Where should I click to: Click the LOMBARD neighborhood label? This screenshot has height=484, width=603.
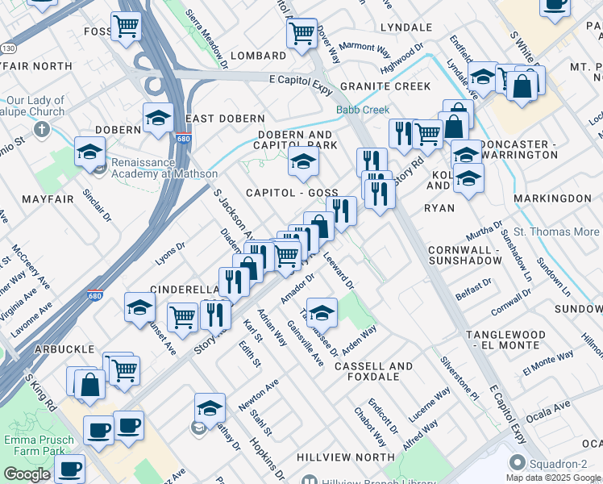coord(258,56)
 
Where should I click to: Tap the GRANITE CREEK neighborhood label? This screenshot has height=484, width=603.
coord(385,86)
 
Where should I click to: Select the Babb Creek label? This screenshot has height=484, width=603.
coord(363,110)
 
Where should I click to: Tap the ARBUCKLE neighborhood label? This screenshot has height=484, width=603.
coord(64,348)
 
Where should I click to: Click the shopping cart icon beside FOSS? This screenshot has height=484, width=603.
coord(126,27)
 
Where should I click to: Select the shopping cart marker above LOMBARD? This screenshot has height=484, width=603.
coord(301,34)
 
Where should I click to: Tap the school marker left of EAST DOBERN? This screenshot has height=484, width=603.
coord(158,118)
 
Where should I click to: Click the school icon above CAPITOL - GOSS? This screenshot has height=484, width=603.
coord(303,162)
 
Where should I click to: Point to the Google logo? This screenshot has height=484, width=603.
coord(27,474)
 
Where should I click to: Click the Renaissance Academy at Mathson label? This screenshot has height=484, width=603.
coord(164,168)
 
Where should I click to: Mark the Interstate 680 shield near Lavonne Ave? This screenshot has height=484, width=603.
coord(95,295)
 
